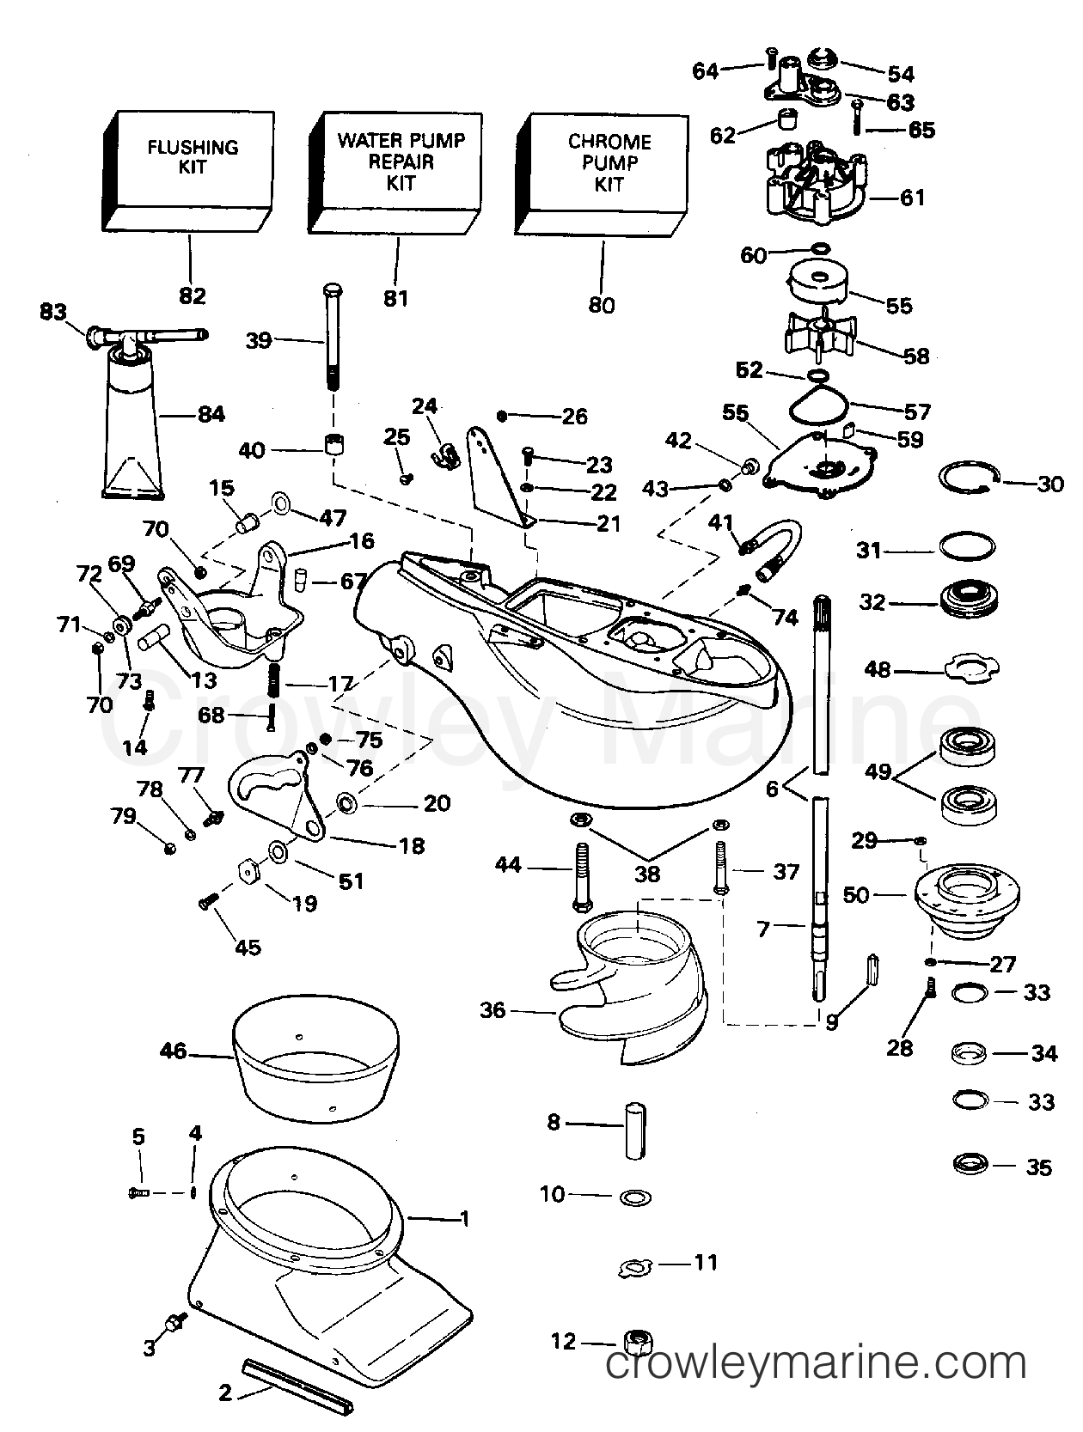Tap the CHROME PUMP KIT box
pos(607,168)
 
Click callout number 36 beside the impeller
pos(493,1010)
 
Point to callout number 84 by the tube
pos(211,415)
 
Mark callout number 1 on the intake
pos(464,1218)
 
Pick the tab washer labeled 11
pos(637,1265)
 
